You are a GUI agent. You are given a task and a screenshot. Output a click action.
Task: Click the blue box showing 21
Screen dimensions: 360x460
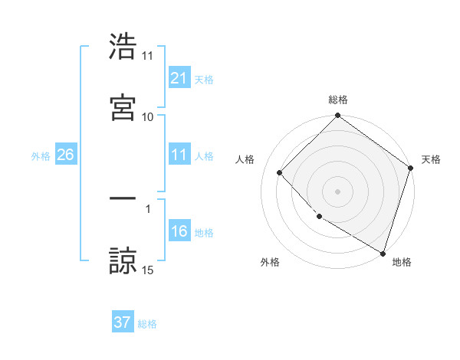coord(179,77)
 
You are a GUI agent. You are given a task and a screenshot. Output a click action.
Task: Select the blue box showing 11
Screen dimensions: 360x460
coord(179,155)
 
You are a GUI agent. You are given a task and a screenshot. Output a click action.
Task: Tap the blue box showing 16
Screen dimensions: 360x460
coord(179,231)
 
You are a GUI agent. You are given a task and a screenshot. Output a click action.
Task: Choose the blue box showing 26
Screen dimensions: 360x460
coord(65,155)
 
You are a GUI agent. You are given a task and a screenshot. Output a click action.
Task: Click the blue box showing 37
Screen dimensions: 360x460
coord(123,322)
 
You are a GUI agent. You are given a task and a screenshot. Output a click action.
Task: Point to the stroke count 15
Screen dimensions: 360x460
coord(148,270)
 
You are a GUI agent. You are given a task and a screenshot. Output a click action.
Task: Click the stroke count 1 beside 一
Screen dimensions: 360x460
coord(148,208)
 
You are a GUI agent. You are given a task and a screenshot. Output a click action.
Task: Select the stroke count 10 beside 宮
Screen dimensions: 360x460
coord(148,116)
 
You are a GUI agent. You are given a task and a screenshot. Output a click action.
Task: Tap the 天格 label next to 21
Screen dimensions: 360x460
coord(204,79)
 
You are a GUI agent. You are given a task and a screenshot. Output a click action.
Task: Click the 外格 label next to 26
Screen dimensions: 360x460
coord(41,155)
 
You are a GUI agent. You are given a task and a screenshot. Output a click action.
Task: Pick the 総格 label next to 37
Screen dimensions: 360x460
coord(147,324)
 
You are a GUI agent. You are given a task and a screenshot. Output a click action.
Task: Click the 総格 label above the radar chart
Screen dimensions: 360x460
coord(338,100)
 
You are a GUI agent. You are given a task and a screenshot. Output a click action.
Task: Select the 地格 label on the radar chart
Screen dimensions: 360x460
coord(402,262)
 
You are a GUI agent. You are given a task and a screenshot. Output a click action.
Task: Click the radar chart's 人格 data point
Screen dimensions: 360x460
coord(280,172)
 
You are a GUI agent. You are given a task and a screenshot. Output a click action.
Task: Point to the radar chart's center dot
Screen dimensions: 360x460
coord(338,191)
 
